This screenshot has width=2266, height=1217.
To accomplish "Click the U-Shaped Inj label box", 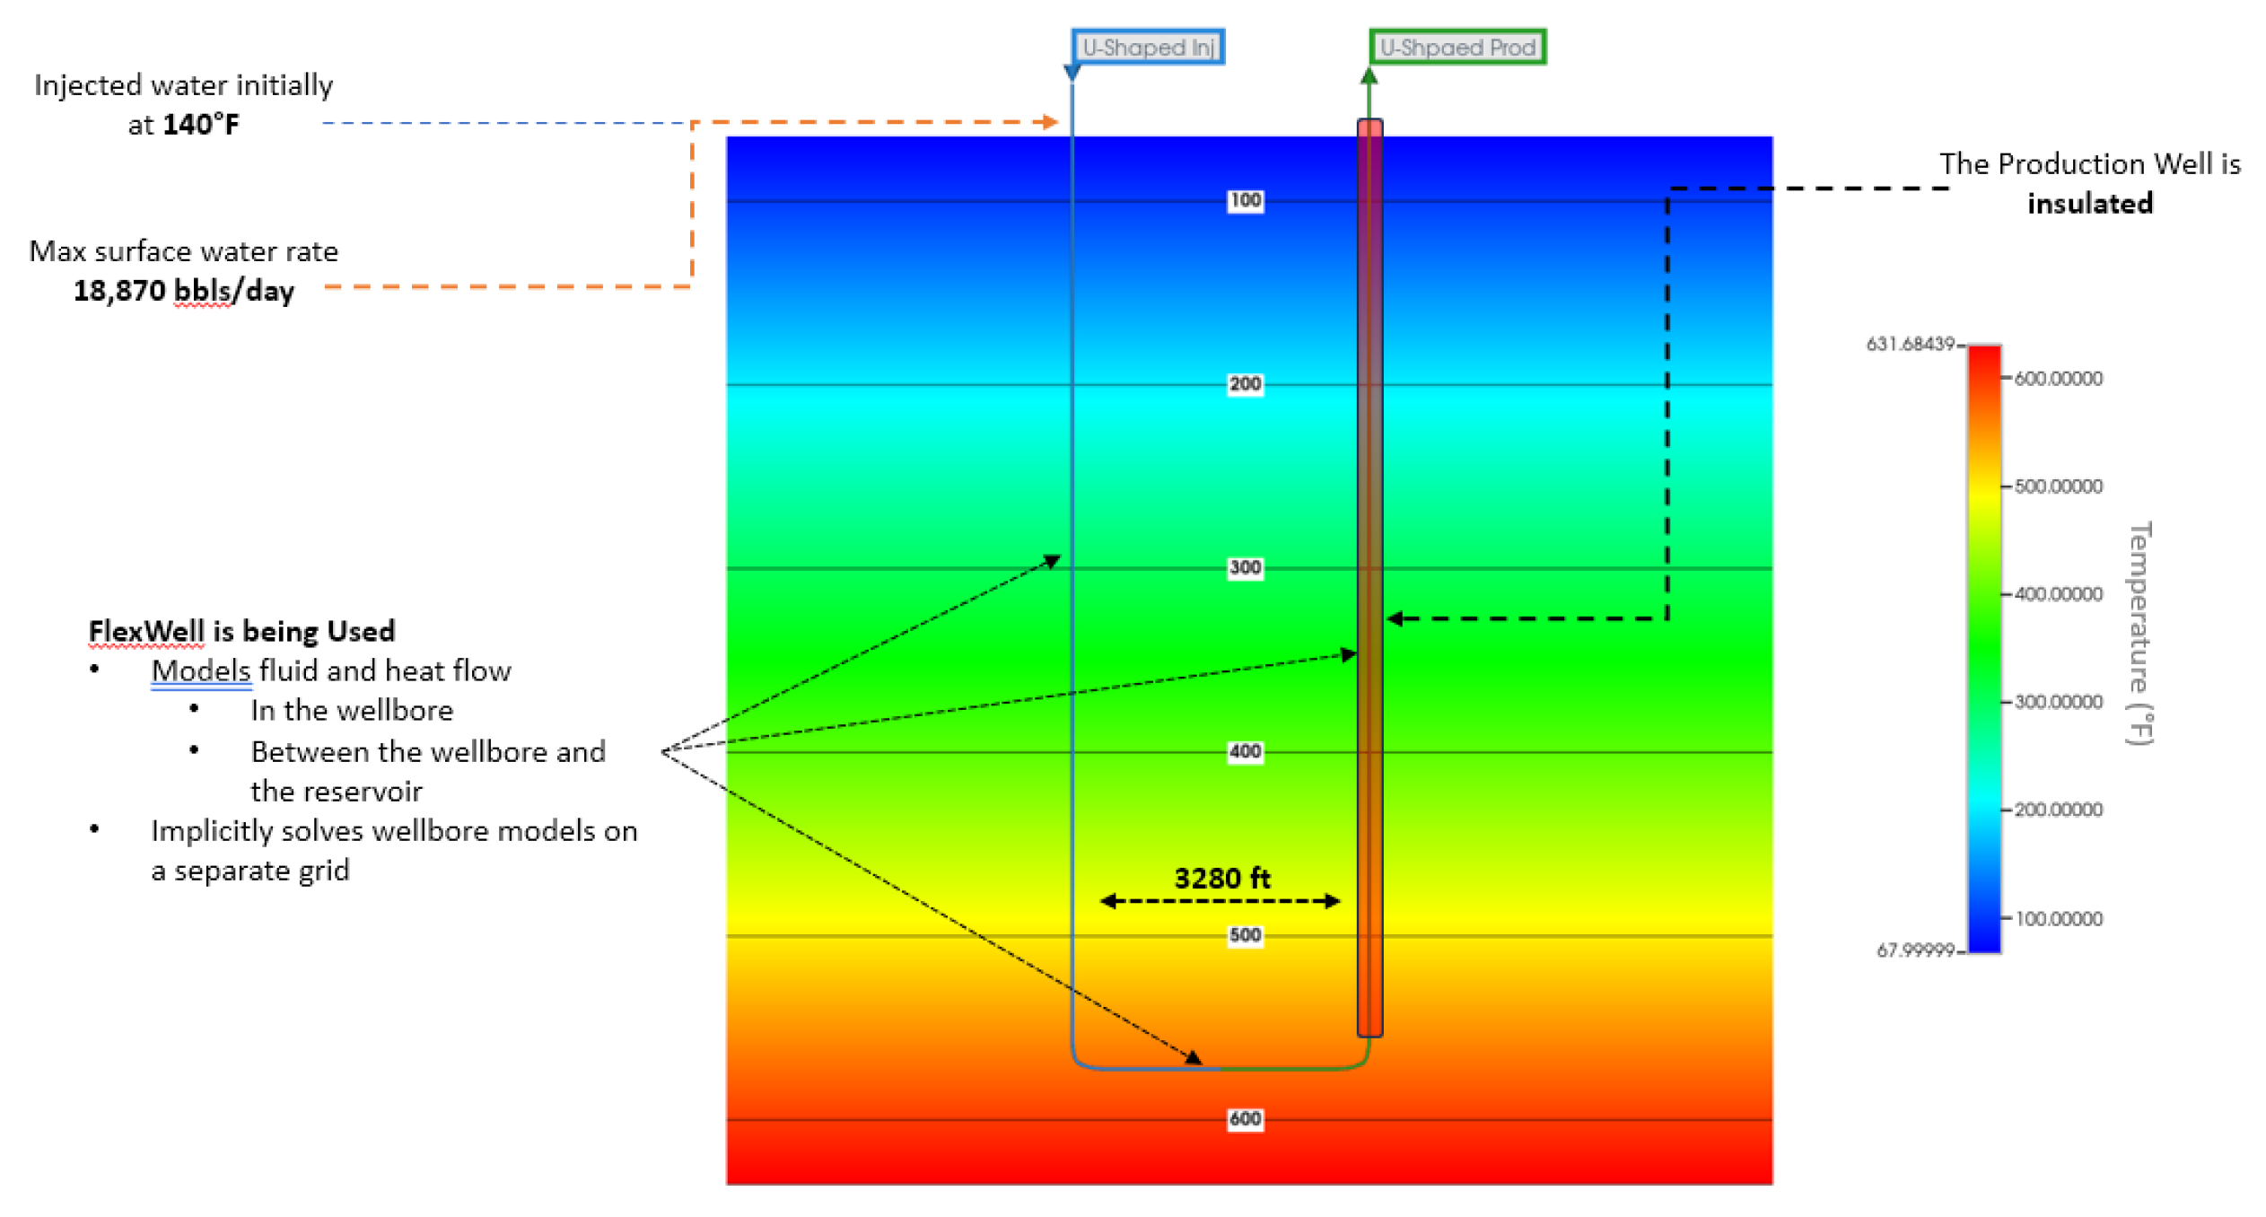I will point(1147,47).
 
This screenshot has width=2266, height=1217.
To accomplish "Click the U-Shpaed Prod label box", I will point(1457,47).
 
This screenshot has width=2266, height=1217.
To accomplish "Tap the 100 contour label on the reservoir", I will point(1245,200).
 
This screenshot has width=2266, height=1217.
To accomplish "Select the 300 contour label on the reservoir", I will point(1245,567).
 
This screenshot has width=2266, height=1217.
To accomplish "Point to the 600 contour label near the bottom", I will point(1245,1118).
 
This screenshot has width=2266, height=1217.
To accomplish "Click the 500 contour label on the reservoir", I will point(1245,935).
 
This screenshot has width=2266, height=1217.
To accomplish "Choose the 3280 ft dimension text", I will point(1221,878).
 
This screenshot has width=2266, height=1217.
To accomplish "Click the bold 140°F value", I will point(201,124).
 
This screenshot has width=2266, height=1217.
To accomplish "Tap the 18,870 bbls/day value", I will point(183,291).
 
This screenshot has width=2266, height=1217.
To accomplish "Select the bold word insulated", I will point(2089,204).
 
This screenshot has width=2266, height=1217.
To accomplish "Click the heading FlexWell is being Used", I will point(241,631).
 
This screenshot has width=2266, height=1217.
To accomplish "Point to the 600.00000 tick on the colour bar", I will point(2058,379).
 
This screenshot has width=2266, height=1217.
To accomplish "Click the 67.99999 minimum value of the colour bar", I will point(1914,950).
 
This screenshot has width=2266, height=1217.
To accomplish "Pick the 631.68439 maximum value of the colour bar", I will point(1909,344).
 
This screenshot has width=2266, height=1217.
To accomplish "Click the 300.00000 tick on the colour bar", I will point(2058,702).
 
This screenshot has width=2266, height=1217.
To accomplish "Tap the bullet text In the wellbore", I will point(352,710).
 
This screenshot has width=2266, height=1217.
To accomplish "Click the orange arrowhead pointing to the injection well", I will point(1051,121).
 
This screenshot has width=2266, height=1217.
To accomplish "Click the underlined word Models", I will point(200,670).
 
